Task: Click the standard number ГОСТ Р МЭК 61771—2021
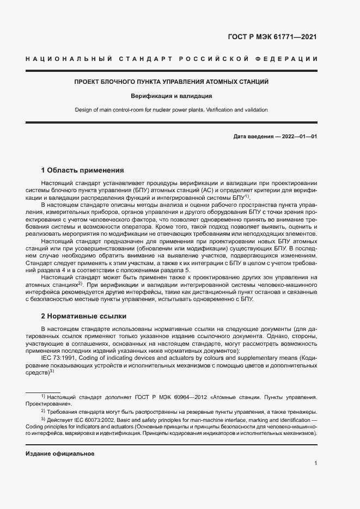[271, 38]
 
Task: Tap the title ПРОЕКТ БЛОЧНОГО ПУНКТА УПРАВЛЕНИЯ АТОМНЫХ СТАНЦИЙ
[172, 82]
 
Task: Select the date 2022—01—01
[299, 136]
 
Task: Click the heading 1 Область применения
[83, 170]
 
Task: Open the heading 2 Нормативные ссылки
[84, 316]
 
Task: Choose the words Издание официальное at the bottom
[60, 453]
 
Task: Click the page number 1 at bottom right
[315, 463]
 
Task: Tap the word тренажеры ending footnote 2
[301, 412]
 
